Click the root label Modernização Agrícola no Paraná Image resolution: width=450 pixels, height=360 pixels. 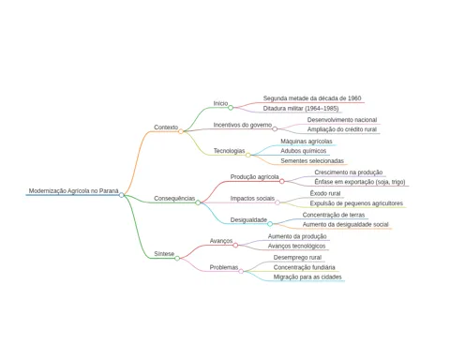[x=74, y=190]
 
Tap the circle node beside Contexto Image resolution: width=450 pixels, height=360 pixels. [x=181, y=131]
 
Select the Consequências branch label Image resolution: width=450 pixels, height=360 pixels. [x=174, y=199]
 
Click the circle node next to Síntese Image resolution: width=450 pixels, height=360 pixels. [x=177, y=259]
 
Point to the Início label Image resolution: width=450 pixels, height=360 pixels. [x=220, y=103]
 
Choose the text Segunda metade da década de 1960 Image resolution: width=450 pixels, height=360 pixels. [x=312, y=98]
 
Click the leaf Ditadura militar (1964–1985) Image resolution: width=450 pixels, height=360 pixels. [x=301, y=109]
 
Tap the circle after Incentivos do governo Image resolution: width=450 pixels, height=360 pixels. [x=275, y=129]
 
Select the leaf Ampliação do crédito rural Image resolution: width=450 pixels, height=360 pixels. [x=342, y=129]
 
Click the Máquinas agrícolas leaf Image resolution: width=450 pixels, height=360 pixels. [x=307, y=142]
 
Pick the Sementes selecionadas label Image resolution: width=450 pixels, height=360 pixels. [x=312, y=160]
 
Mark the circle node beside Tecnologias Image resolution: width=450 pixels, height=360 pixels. [x=247, y=155]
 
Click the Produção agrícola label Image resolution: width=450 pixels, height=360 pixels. [x=254, y=177]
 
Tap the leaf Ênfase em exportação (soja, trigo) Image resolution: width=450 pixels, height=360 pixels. [x=360, y=182]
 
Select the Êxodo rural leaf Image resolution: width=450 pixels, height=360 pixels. [x=325, y=193]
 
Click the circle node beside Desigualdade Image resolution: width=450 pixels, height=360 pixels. [x=270, y=224]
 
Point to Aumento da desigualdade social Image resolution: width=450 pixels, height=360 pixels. [x=345, y=224]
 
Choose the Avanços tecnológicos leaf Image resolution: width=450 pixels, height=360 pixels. [x=296, y=246]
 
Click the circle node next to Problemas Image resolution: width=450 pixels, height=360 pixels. [x=241, y=271]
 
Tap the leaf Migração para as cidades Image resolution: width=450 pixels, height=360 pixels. [x=307, y=277]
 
